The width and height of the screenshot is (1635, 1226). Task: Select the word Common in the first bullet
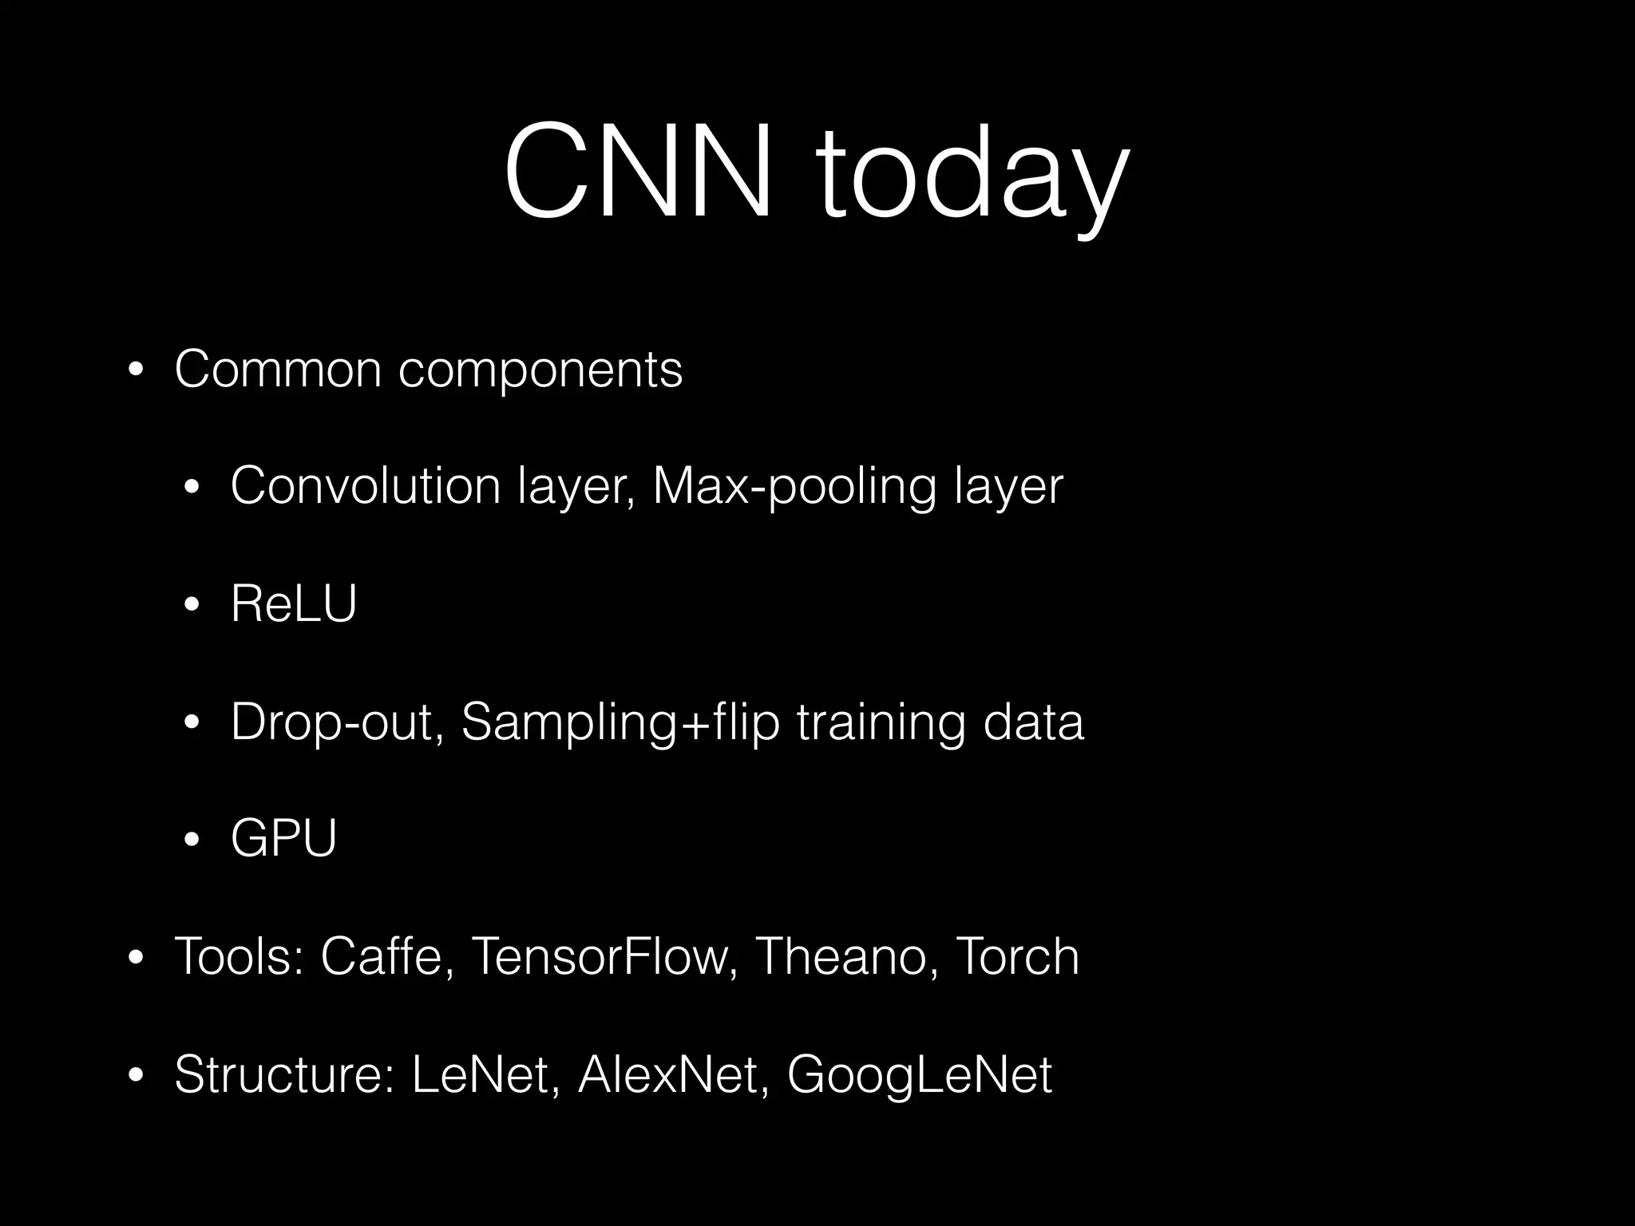[278, 369]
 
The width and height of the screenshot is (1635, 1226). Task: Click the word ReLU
[293, 603]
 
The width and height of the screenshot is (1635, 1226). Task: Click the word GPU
[283, 838]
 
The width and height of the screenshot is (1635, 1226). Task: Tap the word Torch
[1017, 956]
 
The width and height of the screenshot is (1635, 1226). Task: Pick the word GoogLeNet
[920, 1074]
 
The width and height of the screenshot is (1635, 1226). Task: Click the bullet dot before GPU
[192, 840]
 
